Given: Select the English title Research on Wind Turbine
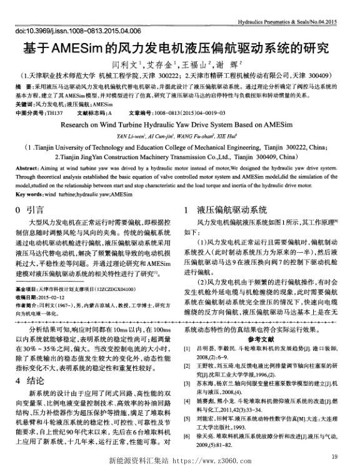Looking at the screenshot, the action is coord(179,107).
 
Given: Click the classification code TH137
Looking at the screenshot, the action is coord(54,97).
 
